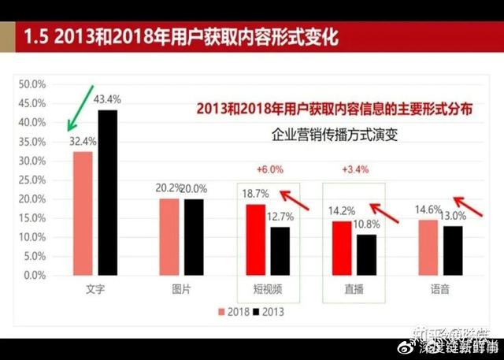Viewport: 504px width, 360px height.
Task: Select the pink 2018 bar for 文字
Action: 83,213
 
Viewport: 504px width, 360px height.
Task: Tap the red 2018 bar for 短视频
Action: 255,239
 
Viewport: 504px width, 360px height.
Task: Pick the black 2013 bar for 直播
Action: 366,254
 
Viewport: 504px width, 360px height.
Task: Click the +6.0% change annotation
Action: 269,169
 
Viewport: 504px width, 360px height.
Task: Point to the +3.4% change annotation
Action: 352,169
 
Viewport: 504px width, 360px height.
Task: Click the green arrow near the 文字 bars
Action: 81,107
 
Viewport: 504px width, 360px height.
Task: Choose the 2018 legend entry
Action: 233,313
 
